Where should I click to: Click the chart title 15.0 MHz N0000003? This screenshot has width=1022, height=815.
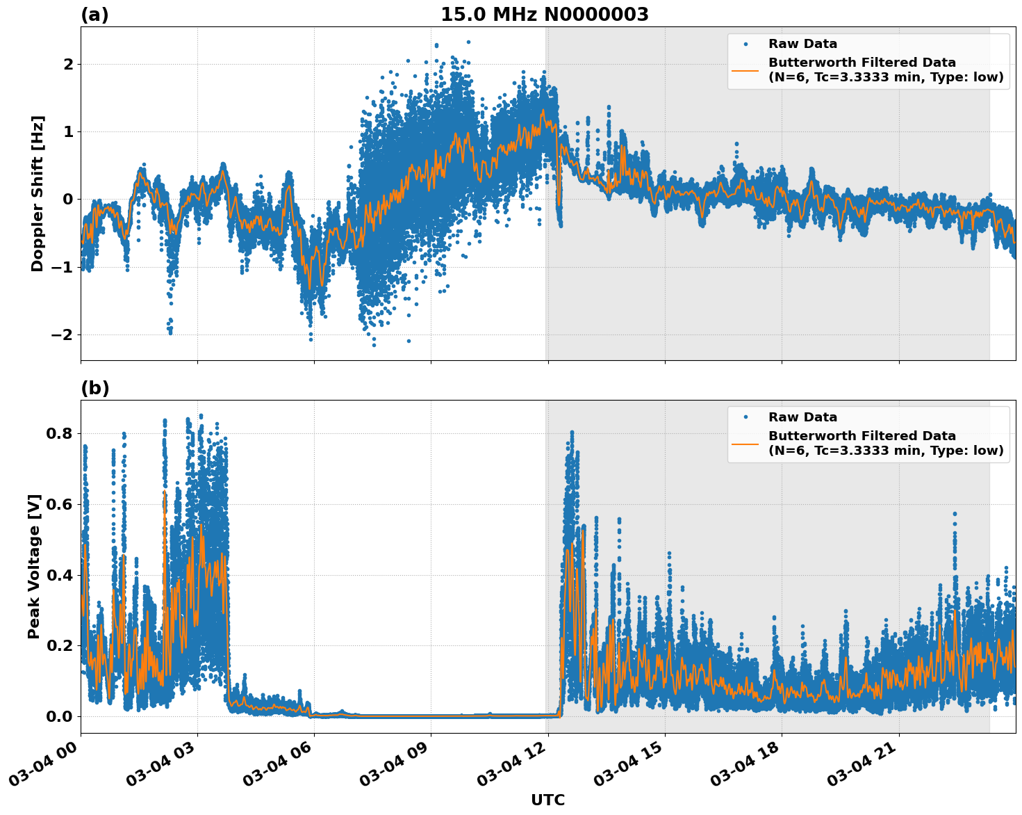click(x=544, y=15)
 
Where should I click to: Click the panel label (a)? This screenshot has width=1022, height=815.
click(x=94, y=15)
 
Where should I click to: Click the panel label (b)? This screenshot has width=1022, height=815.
click(x=94, y=388)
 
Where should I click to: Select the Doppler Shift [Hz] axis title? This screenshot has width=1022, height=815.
click(x=38, y=193)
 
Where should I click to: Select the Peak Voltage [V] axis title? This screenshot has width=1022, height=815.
click(x=34, y=566)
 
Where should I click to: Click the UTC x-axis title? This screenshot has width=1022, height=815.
click(x=547, y=800)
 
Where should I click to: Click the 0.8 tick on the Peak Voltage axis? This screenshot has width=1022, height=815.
click(x=58, y=434)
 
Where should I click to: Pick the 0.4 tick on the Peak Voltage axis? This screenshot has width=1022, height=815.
click(x=58, y=575)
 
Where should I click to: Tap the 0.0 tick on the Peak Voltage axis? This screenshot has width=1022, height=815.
click(x=58, y=716)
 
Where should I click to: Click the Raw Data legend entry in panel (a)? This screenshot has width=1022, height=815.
click(x=802, y=45)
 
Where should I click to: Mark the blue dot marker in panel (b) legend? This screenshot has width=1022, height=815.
click(x=745, y=417)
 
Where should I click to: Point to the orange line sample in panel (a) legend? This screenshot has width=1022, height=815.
click(x=745, y=70)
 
